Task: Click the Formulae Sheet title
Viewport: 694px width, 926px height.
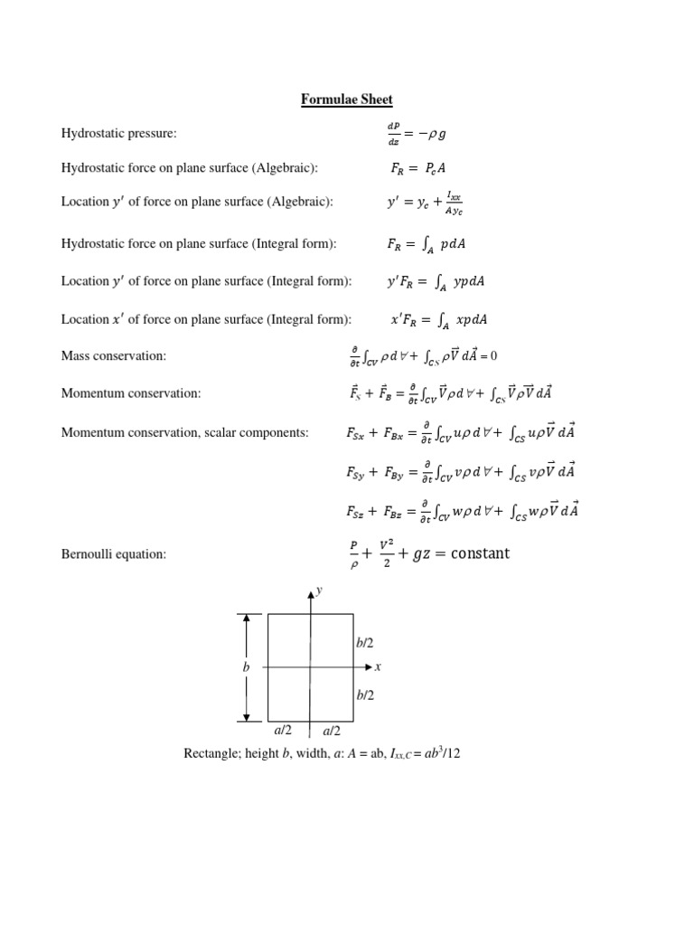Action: pyautogui.click(x=347, y=99)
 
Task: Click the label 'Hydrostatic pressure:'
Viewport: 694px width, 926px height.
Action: pyautogui.click(x=118, y=134)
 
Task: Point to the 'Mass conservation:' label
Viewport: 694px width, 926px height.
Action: pyautogui.click(x=114, y=356)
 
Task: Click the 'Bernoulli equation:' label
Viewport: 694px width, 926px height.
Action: pyautogui.click(x=114, y=553)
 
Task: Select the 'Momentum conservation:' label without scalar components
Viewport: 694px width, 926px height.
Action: pyautogui.click(x=131, y=393)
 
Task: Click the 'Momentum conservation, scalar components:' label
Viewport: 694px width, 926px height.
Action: pyautogui.click(x=184, y=432)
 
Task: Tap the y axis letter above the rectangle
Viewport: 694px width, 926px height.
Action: pyautogui.click(x=320, y=591)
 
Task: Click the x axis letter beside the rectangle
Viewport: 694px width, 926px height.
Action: pyautogui.click(x=378, y=666)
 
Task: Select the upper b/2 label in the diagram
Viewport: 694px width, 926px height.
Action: pyautogui.click(x=365, y=642)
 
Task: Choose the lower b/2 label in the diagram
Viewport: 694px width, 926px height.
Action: pyautogui.click(x=365, y=694)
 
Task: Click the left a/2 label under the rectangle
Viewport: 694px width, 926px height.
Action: pyautogui.click(x=283, y=730)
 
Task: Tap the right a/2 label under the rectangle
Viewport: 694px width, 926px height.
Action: pyautogui.click(x=332, y=730)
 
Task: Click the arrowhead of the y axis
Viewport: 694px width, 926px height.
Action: pyautogui.click(x=311, y=593)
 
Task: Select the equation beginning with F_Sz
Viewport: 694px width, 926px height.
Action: pyautogui.click(x=461, y=511)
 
